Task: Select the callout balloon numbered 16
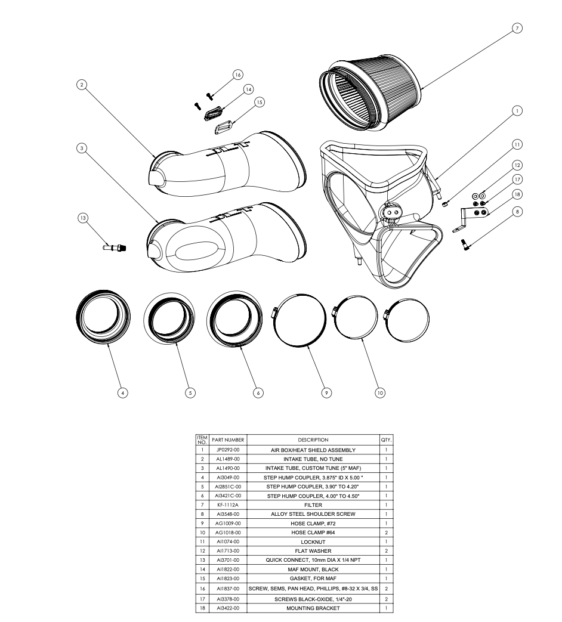(238, 75)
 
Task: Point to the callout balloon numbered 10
(380, 392)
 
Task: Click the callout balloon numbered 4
(122, 392)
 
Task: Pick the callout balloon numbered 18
(517, 194)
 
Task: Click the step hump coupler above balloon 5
(169, 319)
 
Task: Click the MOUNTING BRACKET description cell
(313, 608)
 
